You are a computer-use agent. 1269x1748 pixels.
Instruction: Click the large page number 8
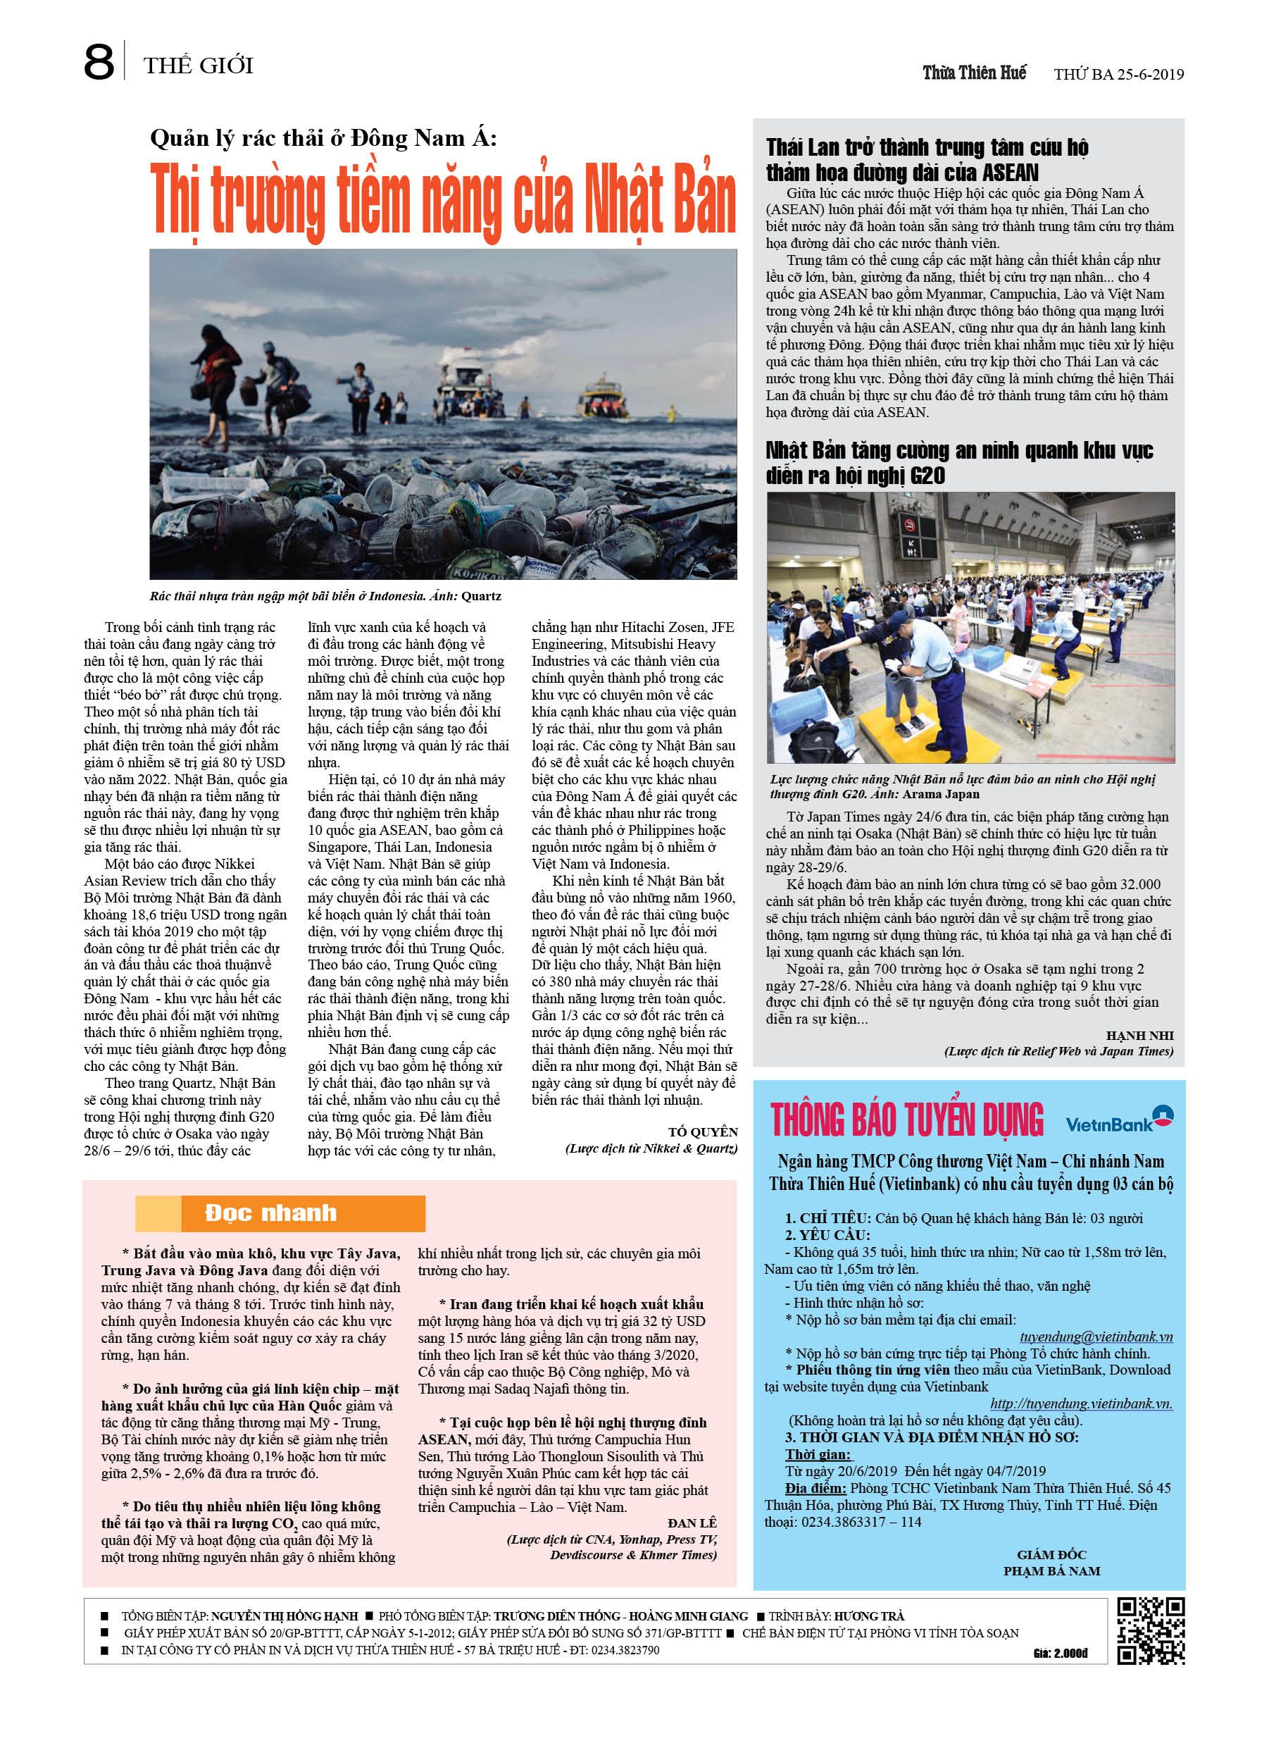[x=99, y=63]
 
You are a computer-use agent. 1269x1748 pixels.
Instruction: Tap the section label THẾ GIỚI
[x=198, y=66]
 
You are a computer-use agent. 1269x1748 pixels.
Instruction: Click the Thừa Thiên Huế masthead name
[x=974, y=73]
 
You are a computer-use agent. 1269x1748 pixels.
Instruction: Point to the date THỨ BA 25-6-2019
[x=1118, y=75]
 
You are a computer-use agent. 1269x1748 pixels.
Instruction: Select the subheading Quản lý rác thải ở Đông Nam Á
[x=324, y=138]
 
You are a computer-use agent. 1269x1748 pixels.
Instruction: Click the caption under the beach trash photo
[x=325, y=596]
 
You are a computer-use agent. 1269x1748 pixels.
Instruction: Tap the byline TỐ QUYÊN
[x=702, y=1132]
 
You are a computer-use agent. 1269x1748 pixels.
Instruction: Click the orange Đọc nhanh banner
[x=280, y=1213]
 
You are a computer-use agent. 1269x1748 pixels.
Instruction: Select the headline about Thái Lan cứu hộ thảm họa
[x=926, y=159]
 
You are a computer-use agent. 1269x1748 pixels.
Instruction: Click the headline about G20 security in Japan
[x=958, y=462]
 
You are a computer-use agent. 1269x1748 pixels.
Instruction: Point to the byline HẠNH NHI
[x=1139, y=1035]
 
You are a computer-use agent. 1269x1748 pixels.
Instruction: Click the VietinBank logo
[x=1119, y=1122]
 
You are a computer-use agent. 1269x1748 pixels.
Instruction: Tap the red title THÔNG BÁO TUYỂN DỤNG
[x=906, y=1121]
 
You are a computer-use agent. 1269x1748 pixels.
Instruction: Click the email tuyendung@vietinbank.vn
[x=1096, y=1337]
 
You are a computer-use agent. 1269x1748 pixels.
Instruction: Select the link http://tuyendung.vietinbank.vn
[x=1080, y=1403]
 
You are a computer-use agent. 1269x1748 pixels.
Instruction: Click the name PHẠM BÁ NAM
[x=1051, y=1570]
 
